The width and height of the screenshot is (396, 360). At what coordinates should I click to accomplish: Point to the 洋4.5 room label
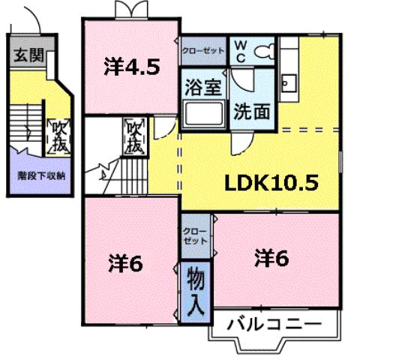pyautogui.click(x=131, y=67)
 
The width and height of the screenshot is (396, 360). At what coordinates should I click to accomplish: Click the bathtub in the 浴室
pyautogui.click(x=202, y=115)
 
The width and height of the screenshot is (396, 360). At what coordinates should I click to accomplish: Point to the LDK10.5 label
pyautogui.click(x=270, y=181)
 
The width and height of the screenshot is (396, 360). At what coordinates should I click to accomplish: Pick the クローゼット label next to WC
pyautogui.click(x=202, y=51)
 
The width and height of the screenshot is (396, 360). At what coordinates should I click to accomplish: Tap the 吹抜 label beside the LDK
pyautogui.click(x=134, y=137)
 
